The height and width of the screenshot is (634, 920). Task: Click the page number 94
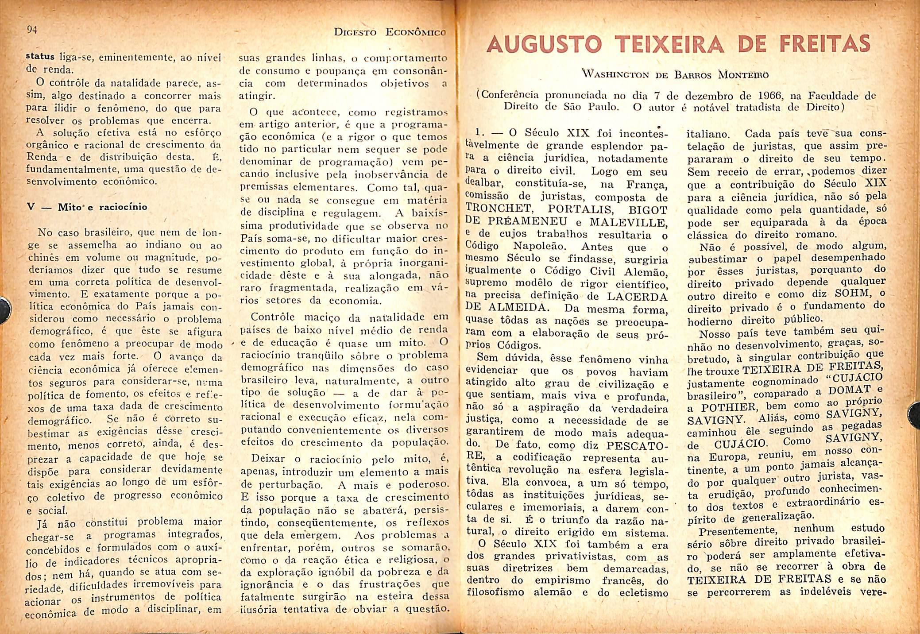(x=32, y=30)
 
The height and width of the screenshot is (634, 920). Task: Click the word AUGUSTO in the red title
(x=544, y=44)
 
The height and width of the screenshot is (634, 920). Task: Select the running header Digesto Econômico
(x=389, y=32)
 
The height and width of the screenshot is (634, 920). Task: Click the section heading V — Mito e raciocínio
(x=87, y=207)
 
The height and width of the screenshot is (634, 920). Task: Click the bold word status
(x=40, y=57)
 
